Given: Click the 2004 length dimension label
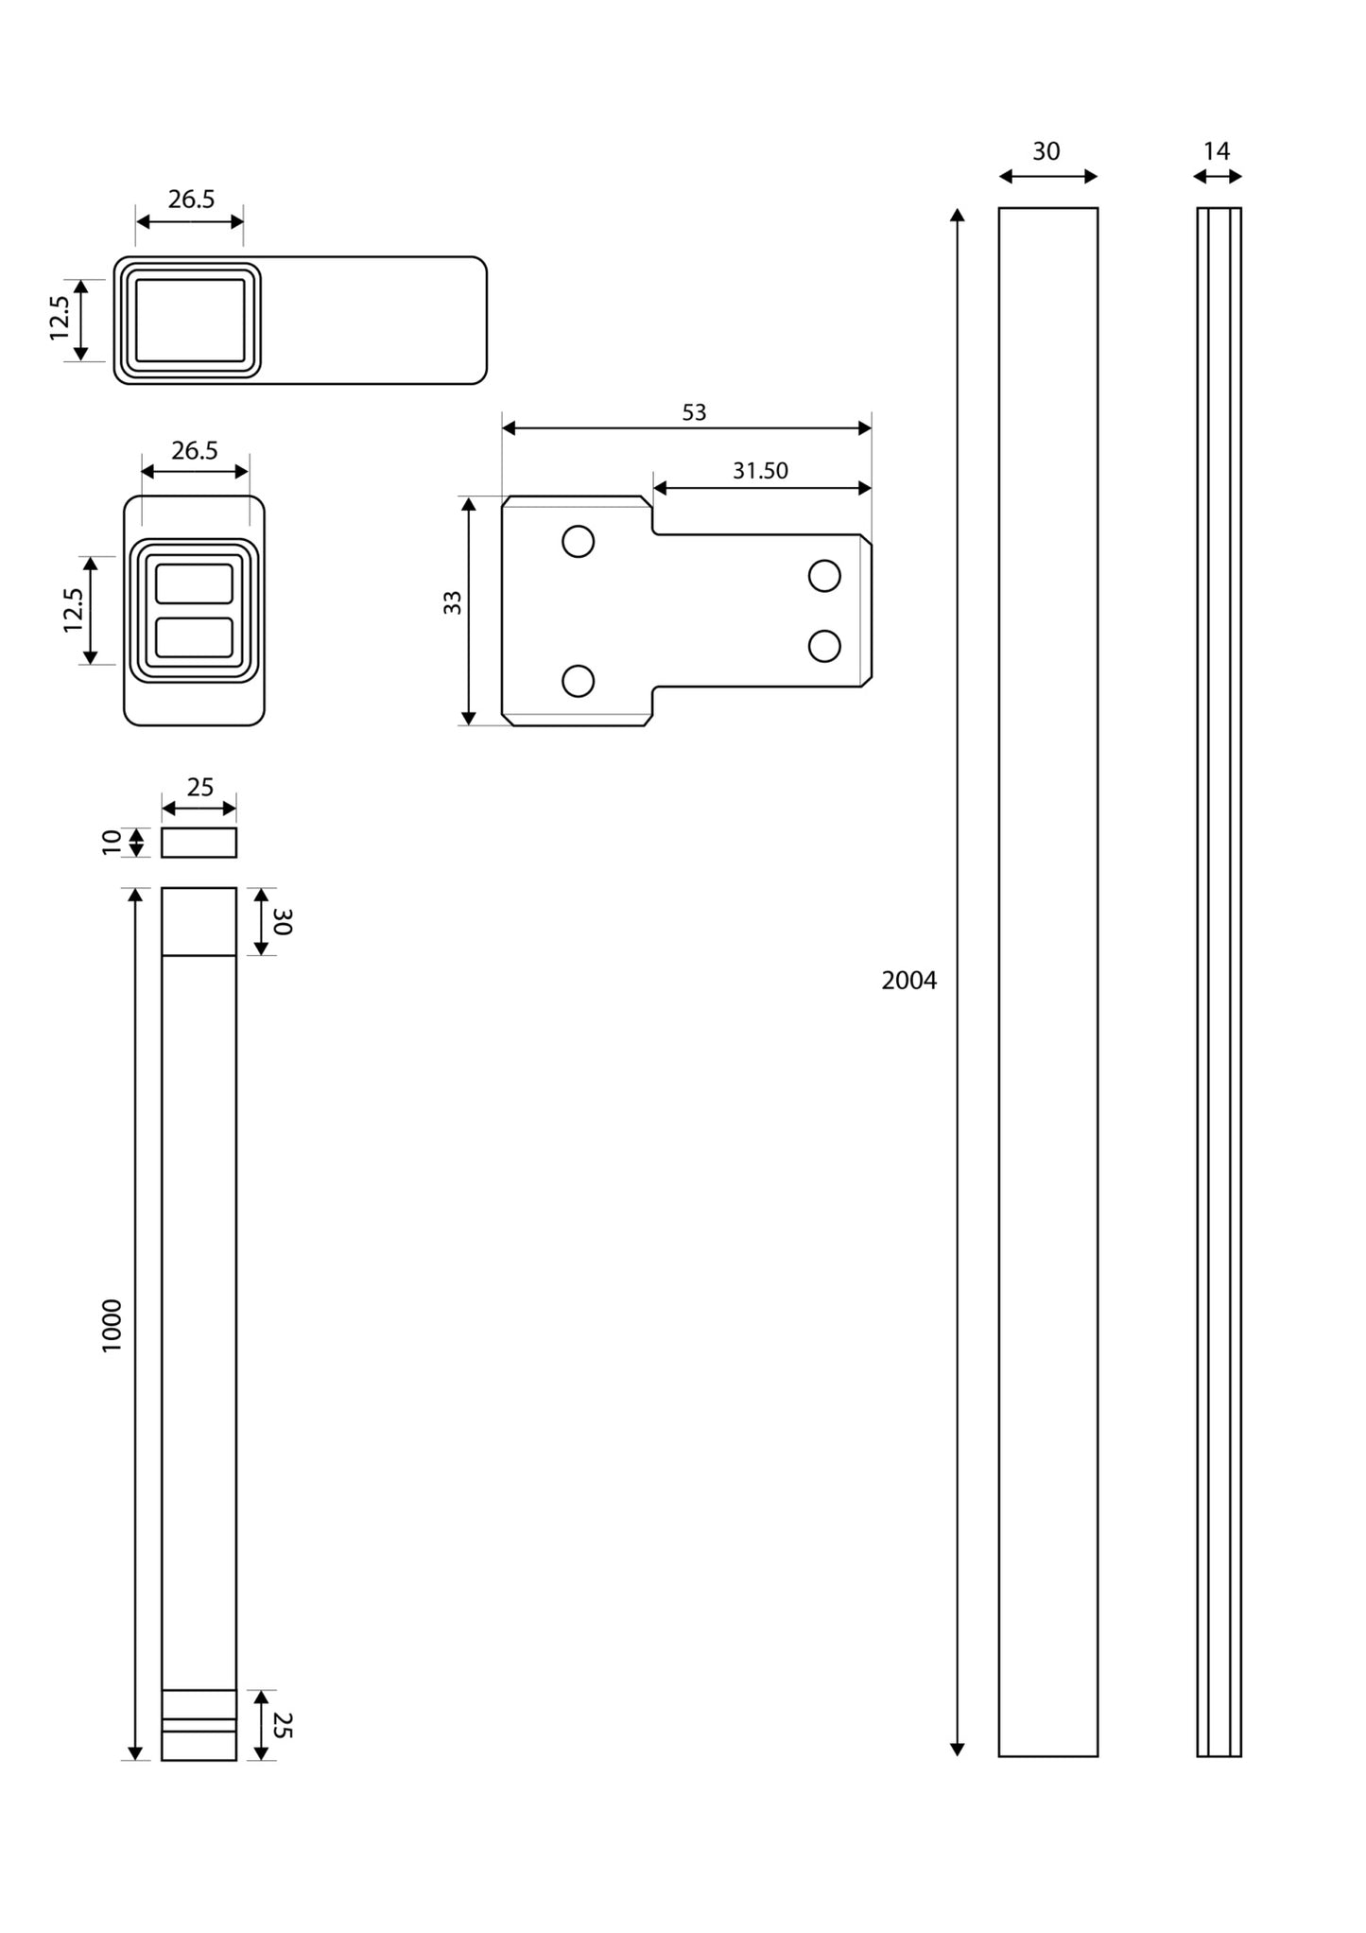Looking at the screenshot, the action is [x=908, y=981].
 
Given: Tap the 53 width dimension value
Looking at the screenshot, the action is [x=694, y=412].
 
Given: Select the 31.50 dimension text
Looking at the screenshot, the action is [x=760, y=471].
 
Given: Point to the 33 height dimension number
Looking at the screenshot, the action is [x=453, y=602].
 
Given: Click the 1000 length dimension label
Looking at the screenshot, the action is [x=112, y=1325].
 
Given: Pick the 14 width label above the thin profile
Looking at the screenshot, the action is [x=1217, y=151].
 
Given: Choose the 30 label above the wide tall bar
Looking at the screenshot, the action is [x=1046, y=151].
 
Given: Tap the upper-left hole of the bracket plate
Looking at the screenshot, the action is [x=578, y=541].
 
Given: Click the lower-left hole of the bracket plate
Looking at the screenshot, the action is [x=578, y=681].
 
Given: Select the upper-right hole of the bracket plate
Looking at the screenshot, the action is [x=824, y=576].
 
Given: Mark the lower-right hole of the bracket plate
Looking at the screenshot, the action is [x=824, y=646].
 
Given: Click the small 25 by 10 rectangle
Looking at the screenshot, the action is [x=199, y=843].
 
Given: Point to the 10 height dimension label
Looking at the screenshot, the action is [x=112, y=842].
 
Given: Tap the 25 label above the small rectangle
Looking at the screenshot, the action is [x=199, y=788].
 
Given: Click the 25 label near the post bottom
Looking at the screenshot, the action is [x=283, y=1725].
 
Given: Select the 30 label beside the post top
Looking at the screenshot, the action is [x=283, y=922].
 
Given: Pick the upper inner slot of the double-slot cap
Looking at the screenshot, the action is [x=194, y=583].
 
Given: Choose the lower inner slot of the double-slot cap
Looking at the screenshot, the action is [x=194, y=637].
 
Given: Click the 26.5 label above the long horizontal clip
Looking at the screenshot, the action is [x=191, y=200].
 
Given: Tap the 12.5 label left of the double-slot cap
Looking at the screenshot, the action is [x=74, y=610].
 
